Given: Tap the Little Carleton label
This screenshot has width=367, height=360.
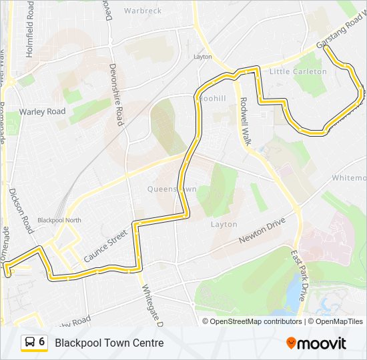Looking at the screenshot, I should pyautogui.click(x=298, y=71).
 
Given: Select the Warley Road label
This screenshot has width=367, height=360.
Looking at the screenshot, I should pyautogui.click(x=43, y=111).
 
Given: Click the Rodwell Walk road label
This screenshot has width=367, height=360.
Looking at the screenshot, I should pyautogui.click(x=244, y=122).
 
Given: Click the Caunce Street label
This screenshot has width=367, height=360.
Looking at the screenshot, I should pyautogui.click(x=105, y=245).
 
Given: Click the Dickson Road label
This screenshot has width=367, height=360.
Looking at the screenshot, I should pyautogui.click(x=21, y=210).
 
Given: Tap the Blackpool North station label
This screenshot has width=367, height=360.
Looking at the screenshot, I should pyautogui.click(x=59, y=220).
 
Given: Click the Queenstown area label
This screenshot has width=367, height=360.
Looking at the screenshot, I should pyautogui.click(x=172, y=189).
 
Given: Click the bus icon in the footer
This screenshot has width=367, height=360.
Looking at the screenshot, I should pyautogui.click(x=30, y=343).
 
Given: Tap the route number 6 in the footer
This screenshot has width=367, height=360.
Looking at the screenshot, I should pyautogui.click(x=42, y=342).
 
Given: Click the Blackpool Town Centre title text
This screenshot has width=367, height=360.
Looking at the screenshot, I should pyautogui.click(x=109, y=343).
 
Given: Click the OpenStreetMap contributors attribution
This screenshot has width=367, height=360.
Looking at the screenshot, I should pyautogui.click(x=252, y=321).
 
